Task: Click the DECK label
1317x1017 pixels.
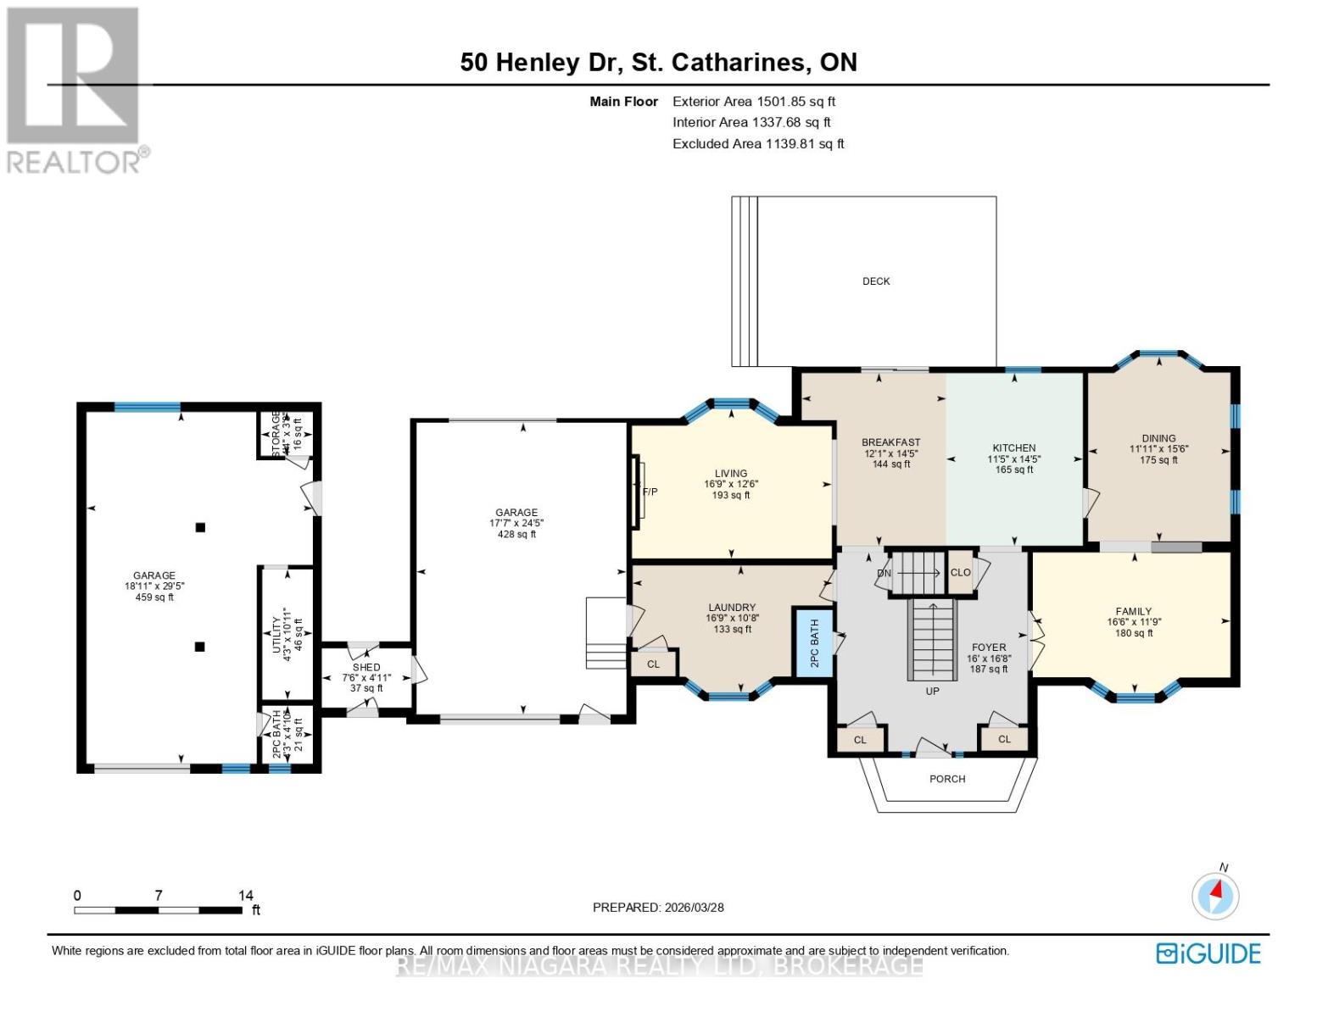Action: (x=876, y=281)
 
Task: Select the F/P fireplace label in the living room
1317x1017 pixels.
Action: (x=650, y=492)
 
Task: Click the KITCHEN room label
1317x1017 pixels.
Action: (x=1014, y=448)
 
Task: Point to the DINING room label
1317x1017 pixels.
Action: (x=1158, y=439)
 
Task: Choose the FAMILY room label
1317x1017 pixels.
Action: (x=1134, y=612)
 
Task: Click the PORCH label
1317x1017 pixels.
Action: (x=947, y=779)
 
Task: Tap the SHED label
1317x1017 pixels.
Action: (x=366, y=668)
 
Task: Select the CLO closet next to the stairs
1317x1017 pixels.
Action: (x=960, y=573)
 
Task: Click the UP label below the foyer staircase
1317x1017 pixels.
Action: (x=932, y=692)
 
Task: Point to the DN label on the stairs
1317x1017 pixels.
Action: (x=885, y=574)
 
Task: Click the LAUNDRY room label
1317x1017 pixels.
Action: (x=732, y=608)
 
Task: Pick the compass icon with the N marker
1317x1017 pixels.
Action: (x=1215, y=895)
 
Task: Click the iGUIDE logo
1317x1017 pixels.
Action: (x=1208, y=953)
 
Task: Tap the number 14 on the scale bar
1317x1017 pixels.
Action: (x=245, y=896)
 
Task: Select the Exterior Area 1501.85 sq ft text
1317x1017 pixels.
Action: (x=754, y=102)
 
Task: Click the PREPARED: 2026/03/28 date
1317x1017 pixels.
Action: (x=658, y=908)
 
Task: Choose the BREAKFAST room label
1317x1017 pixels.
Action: (x=890, y=442)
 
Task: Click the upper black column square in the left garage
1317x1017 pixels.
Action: (x=201, y=527)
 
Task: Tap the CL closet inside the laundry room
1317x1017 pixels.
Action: (x=653, y=664)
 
